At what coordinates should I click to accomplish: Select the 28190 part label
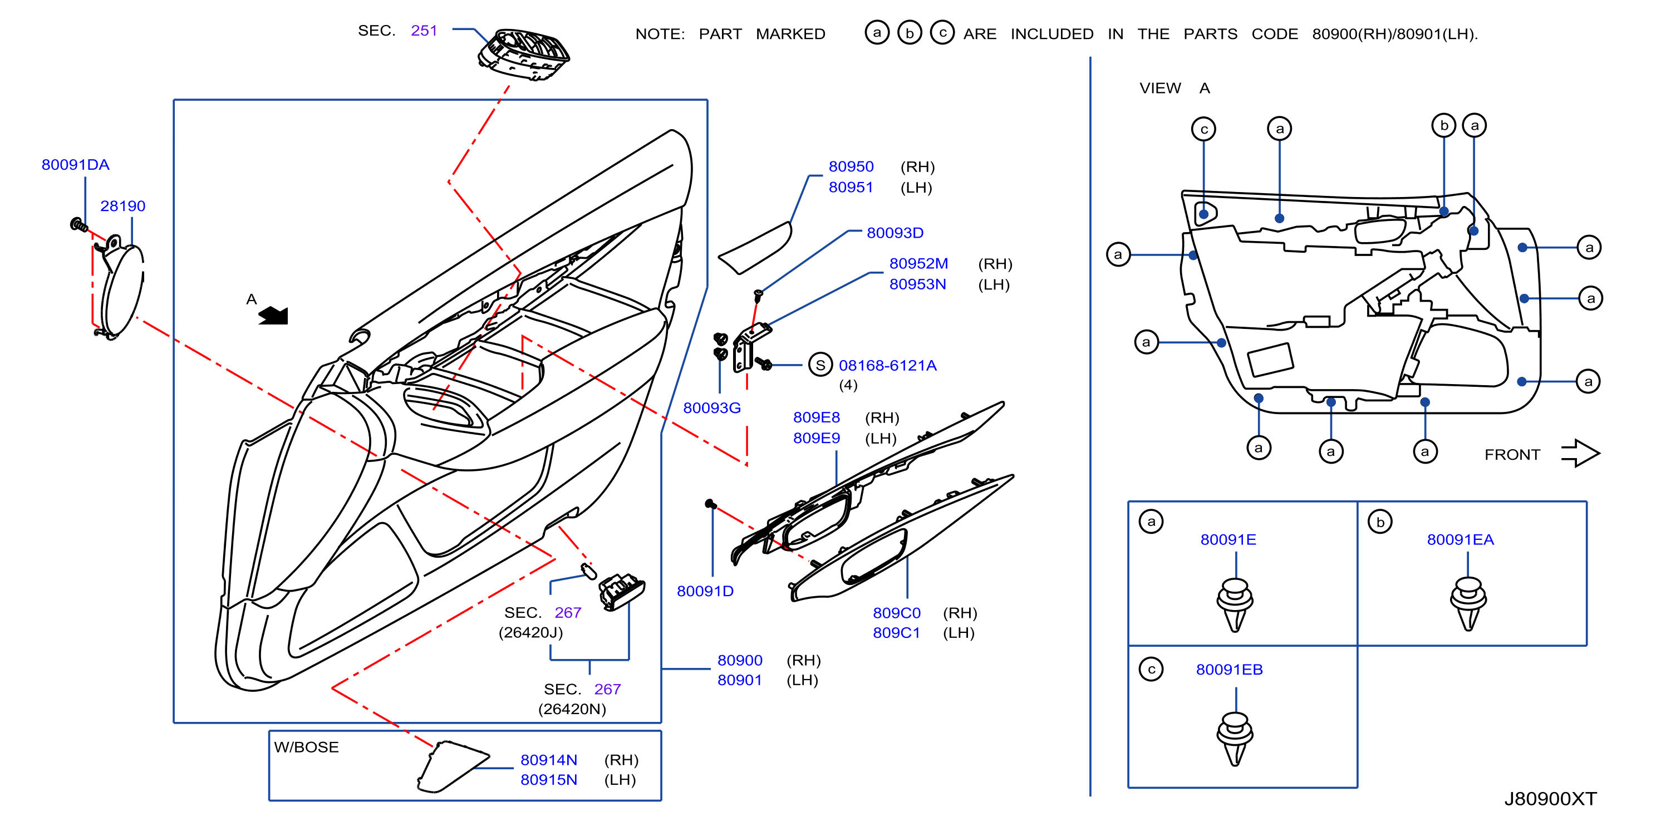point(122,206)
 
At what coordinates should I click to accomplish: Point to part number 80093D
point(895,233)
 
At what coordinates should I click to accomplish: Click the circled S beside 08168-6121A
point(820,365)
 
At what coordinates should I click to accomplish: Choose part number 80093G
point(712,407)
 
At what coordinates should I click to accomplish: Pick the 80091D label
point(705,591)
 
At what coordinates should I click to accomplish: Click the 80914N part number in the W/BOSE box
point(549,760)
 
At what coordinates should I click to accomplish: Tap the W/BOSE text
point(306,747)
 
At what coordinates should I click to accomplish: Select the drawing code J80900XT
point(1550,798)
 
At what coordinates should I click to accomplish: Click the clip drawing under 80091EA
point(1468,603)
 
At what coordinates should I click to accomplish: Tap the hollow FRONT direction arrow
point(1580,453)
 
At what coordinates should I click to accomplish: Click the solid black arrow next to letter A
point(273,315)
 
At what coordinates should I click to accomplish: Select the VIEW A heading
point(1174,88)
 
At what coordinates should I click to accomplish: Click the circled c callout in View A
point(1203,129)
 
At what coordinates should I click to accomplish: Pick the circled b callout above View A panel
point(1444,125)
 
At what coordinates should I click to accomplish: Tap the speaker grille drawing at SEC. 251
point(524,54)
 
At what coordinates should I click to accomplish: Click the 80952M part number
point(918,263)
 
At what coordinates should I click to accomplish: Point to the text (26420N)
point(572,709)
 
